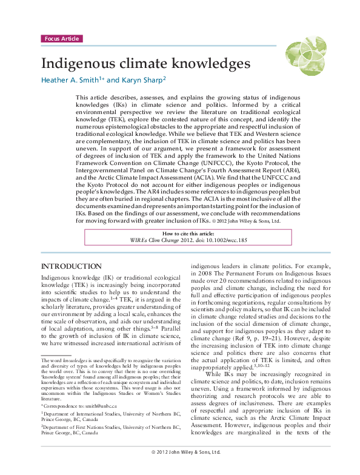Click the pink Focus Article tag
61,39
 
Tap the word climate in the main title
144,63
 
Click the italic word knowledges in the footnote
75,361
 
